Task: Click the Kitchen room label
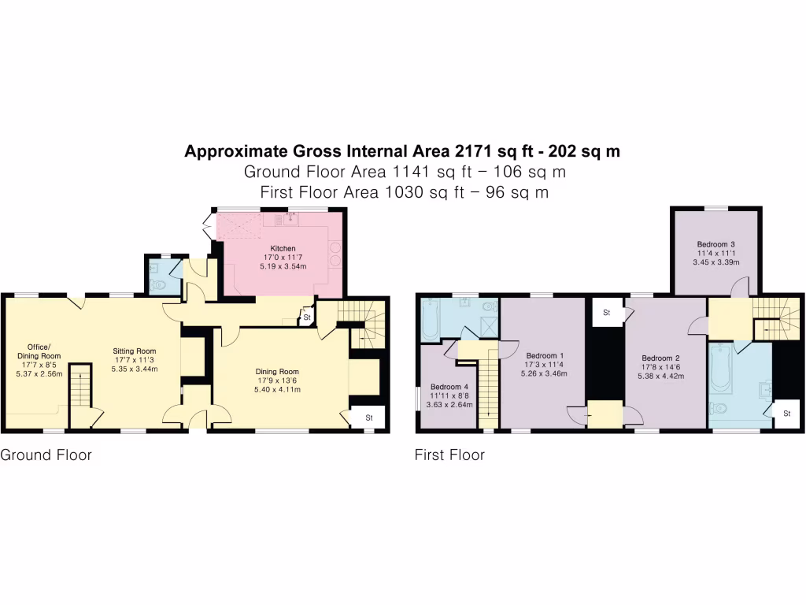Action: [283, 248]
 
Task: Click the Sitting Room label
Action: [134, 351]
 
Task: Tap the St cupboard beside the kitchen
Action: [305, 317]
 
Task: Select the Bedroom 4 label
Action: [449, 387]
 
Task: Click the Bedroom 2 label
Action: [661, 357]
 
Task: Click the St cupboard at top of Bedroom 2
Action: [607, 313]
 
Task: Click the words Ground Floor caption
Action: [46, 455]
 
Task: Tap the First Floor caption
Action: [449, 455]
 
